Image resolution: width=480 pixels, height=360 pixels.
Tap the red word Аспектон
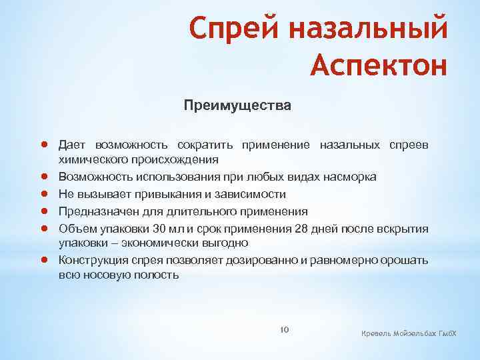coord(378,66)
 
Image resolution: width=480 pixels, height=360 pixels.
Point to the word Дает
coord(71,145)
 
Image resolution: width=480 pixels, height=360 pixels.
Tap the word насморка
coord(350,177)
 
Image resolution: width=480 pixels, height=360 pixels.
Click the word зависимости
coord(254,194)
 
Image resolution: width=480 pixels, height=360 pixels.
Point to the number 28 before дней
coord(302,229)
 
